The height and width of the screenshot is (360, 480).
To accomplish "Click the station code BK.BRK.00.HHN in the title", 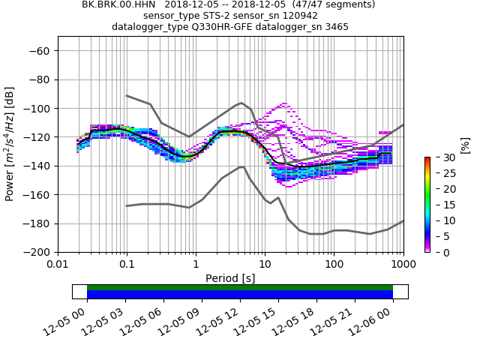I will click(118, 4).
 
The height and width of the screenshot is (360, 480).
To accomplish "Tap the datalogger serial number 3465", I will click(333, 27).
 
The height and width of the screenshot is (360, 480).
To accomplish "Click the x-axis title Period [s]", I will click(230, 278).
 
